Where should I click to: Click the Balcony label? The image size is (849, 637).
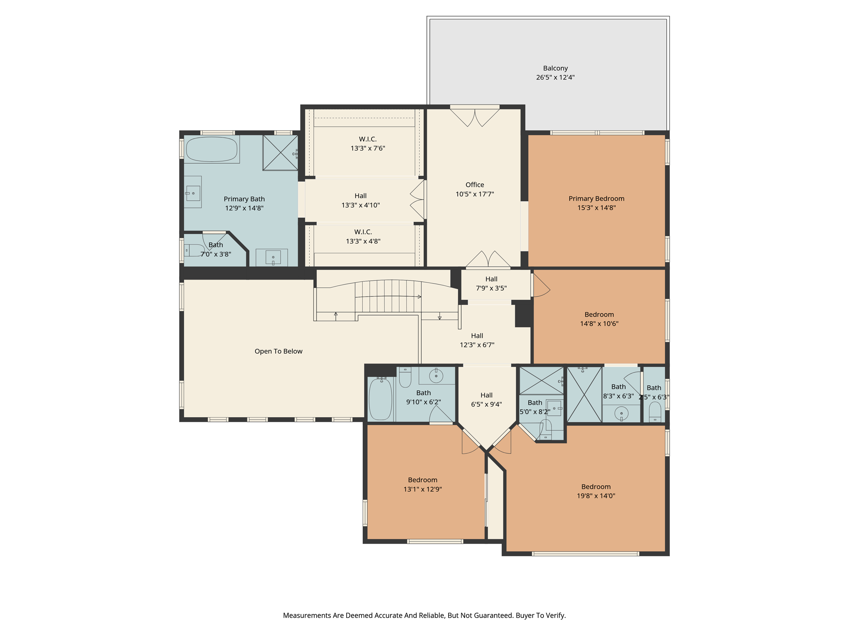tap(555, 68)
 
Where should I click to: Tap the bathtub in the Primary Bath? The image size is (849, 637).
tap(212, 149)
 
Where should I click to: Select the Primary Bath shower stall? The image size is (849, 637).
tap(280, 153)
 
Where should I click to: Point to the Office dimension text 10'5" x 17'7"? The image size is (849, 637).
tap(475, 194)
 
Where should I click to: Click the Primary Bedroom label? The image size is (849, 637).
tap(596, 199)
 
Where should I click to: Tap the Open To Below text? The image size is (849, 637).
tap(279, 351)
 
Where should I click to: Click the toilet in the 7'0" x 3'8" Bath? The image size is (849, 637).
tap(194, 250)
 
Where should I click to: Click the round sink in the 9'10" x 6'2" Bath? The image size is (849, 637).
tap(436, 376)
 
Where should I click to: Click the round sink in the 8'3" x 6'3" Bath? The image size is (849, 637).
tap(621, 413)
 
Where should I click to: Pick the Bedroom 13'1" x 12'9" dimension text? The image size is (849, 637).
tap(422, 489)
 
